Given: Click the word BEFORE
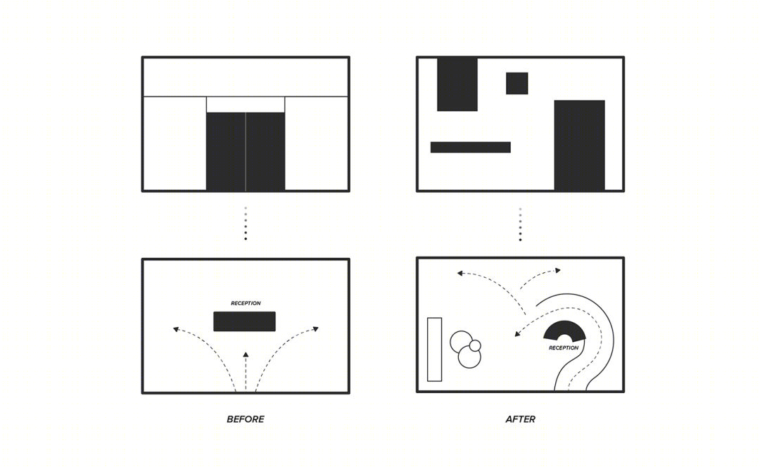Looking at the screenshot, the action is (x=246, y=419).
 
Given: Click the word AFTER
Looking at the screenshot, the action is (x=520, y=419).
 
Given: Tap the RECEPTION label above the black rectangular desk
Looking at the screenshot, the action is (x=246, y=303).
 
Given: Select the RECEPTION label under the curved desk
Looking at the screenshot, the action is (x=564, y=348).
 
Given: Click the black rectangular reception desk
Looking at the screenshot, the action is (x=244, y=321).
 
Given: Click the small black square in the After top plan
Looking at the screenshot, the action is (x=517, y=83).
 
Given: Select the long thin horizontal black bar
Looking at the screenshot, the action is (x=470, y=147).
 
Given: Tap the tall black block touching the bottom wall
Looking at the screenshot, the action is (x=579, y=146).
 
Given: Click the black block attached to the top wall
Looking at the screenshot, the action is (x=457, y=84).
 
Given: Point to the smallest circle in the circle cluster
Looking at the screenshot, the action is (x=475, y=345).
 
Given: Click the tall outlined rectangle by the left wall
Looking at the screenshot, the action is (x=434, y=350).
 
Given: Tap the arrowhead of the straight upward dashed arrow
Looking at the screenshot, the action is (x=246, y=355).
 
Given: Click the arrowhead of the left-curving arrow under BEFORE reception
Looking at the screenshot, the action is (x=176, y=329).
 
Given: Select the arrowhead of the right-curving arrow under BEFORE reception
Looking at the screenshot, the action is (x=315, y=329).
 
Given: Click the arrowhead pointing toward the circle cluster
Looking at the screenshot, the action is (x=517, y=333).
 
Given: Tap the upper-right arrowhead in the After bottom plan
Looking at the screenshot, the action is (x=558, y=270).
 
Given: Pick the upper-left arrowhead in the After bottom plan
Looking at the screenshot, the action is (x=460, y=274).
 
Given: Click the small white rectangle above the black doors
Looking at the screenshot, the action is (x=246, y=105).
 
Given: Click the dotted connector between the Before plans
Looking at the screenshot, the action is (x=246, y=224).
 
